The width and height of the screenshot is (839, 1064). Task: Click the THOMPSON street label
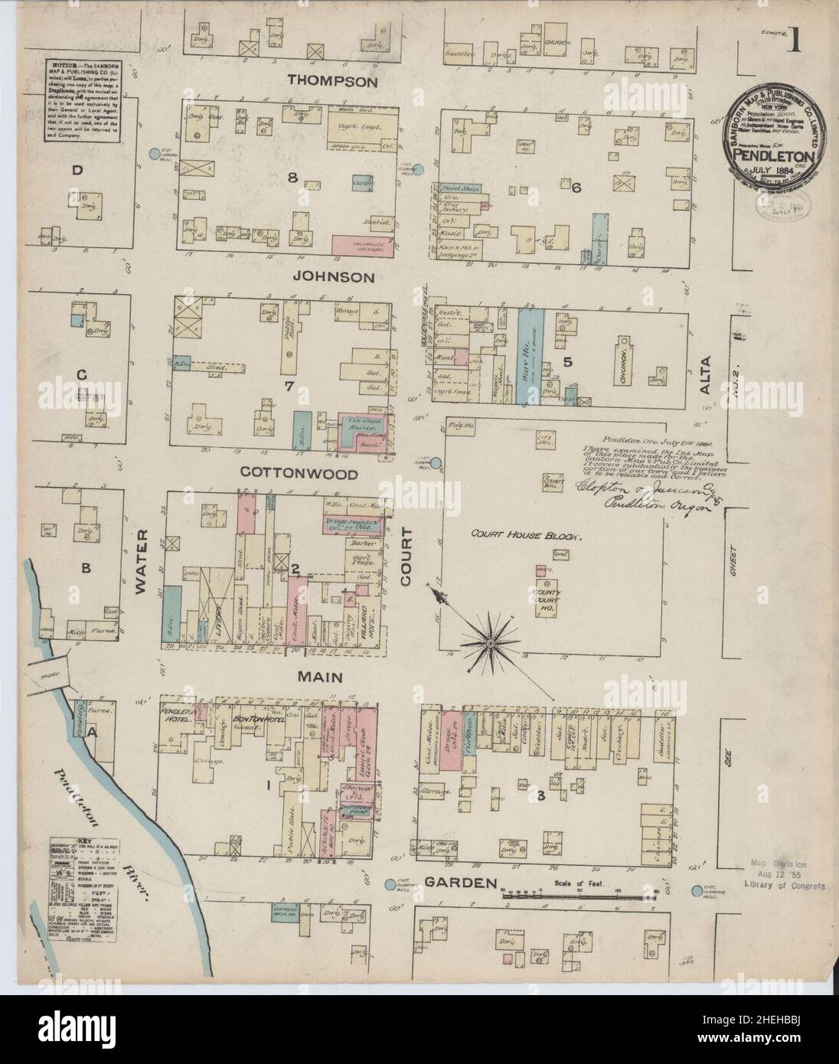click(x=332, y=80)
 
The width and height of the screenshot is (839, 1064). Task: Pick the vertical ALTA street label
click(x=705, y=375)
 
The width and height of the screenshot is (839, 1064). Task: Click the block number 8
click(x=292, y=178)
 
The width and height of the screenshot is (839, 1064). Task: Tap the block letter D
click(x=76, y=171)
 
